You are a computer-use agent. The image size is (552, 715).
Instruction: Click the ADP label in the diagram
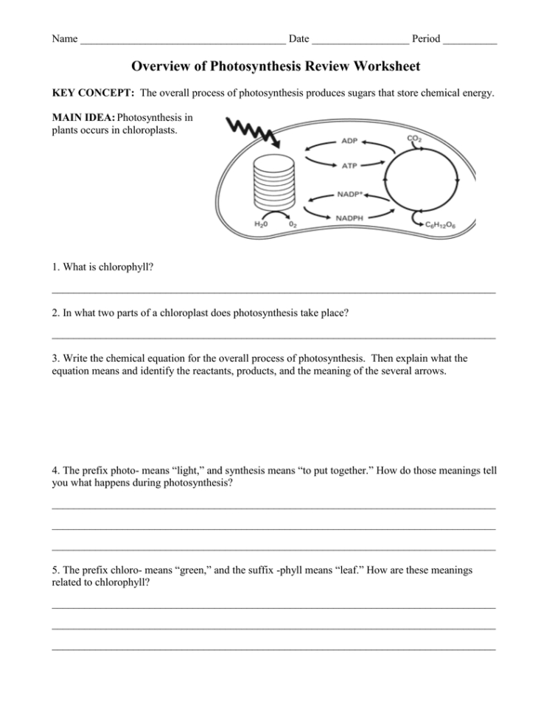click(350, 141)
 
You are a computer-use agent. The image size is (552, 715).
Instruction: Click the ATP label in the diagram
click(350, 167)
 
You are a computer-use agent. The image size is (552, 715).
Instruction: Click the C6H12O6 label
click(441, 223)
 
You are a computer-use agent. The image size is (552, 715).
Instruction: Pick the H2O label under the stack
click(261, 223)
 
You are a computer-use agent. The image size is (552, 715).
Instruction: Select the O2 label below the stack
click(293, 223)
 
